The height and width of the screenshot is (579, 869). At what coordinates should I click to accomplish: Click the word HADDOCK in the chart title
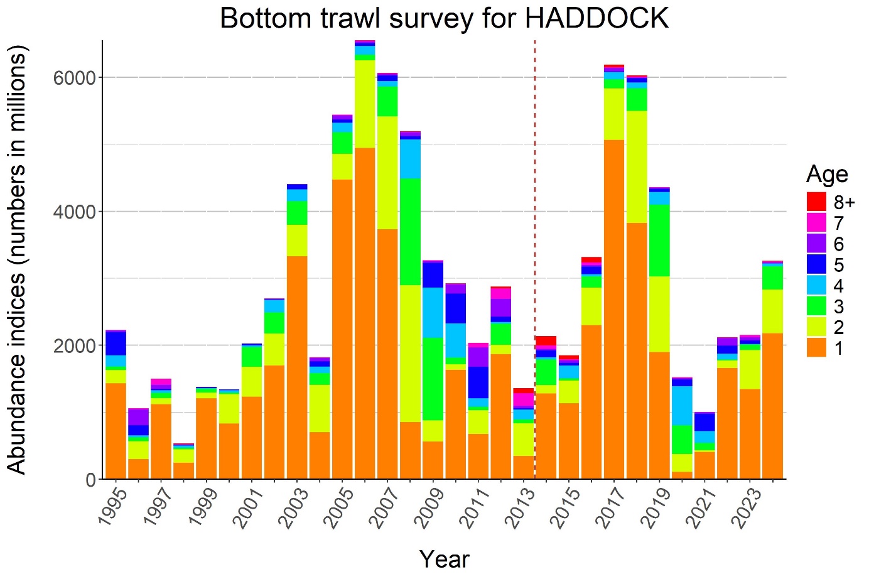(x=596, y=18)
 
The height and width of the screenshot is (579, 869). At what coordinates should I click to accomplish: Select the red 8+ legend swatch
(x=816, y=202)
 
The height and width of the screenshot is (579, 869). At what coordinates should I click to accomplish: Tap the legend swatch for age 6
(x=816, y=244)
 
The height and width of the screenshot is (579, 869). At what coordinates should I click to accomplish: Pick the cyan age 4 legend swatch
(x=816, y=285)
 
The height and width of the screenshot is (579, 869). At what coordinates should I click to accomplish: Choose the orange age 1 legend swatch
(x=816, y=347)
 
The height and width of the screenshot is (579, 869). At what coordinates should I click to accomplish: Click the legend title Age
(x=827, y=174)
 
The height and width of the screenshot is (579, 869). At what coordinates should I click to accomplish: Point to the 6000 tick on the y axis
(x=74, y=78)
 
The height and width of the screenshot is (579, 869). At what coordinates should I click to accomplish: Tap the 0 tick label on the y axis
(x=90, y=480)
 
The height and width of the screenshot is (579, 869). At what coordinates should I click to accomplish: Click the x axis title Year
(x=444, y=558)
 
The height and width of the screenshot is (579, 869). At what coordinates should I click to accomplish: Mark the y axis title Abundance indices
(x=17, y=259)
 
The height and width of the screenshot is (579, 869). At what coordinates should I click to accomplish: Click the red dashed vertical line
(x=535, y=251)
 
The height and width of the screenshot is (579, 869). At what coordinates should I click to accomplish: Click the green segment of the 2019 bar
(x=659, y=241)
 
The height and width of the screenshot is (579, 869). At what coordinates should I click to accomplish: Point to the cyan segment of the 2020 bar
(x=682, y=405)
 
